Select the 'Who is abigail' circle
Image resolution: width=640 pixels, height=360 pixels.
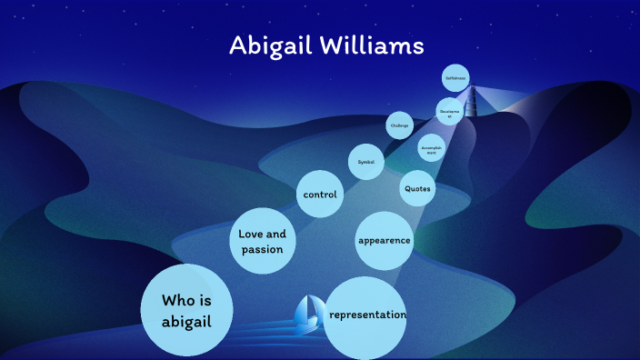pyautogui.click(x=186, y=309)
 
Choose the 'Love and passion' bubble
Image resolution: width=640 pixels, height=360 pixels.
pyautogui.click(x=263, y=241)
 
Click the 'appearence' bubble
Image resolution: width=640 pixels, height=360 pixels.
pyautogui.click(x=384, y=241)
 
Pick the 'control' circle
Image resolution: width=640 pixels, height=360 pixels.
pyautogui.click(x=320, y=195)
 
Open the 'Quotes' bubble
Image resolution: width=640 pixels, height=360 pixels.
pyautogui.click(x=416, y=189)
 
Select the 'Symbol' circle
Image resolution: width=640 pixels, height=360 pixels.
pyautogui.click(x=365, y=162)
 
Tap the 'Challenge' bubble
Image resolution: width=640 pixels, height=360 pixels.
pyautogui.click(x=399, y=125)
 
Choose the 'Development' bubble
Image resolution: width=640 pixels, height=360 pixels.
pyautogui.click(x=449, y=112)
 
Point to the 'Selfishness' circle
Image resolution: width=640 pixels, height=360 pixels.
pyautogui.click(x=455, y=78)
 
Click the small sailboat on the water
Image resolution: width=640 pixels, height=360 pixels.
pyautogui.click(x=308, y=314)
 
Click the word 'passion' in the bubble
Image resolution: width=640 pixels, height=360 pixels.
pyautogui.click(x=262, y=249)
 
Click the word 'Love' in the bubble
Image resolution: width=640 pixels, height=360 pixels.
pyautogui.click(x=251, y=234)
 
